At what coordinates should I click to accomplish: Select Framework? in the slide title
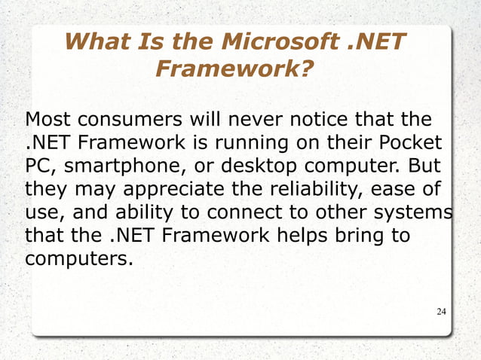click(234, 71)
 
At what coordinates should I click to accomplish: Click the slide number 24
click(442, 311)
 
